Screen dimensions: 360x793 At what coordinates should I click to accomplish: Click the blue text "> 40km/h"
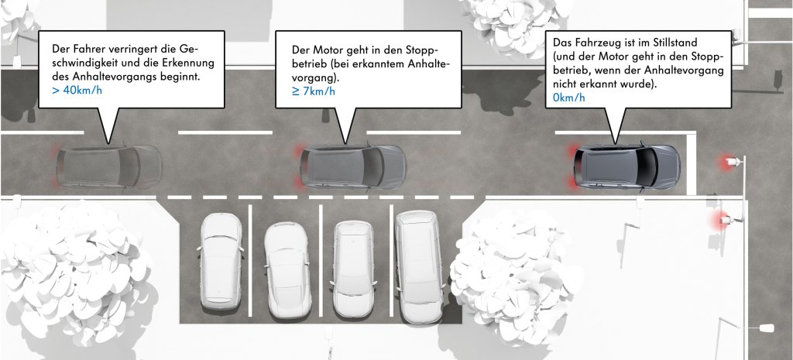(x=76, y=91)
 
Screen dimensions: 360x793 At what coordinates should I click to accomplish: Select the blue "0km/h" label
(x=569, y=98)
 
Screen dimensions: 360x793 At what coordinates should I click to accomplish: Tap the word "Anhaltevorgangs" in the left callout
(x=105, y=77)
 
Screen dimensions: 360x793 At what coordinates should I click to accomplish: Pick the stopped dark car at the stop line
(x=627, y=165)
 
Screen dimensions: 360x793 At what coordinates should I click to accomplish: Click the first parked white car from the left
(x=221, y=259)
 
